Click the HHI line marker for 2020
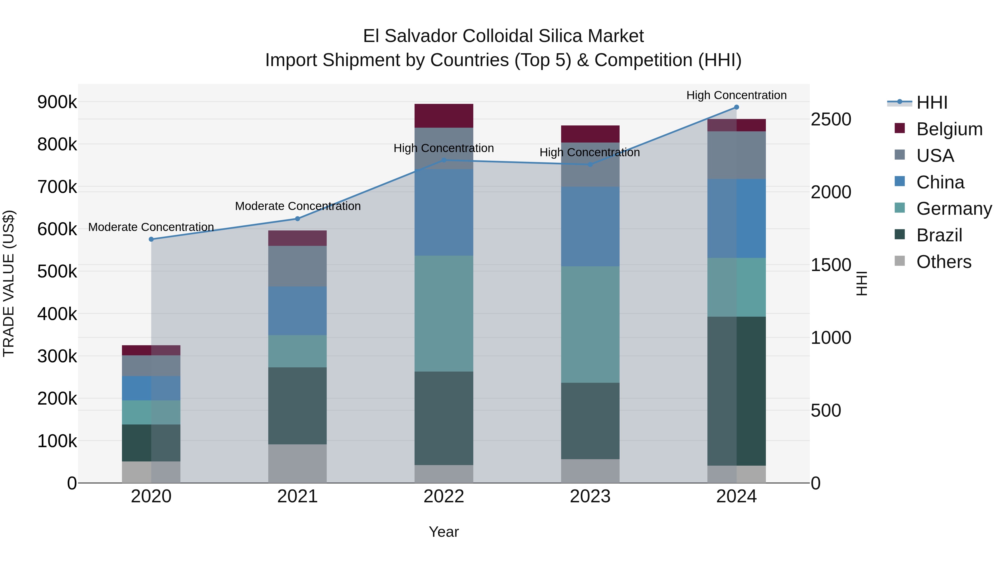tap(151, 239)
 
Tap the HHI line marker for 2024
tap(737, 107)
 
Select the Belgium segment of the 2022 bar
tap(444, 116)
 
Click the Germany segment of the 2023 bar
tap(590, 325)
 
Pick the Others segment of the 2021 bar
tap(298, 463)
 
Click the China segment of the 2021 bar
tap(298, 311)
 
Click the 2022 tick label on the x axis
tap(444, 496)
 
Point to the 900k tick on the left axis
tap(57, 102)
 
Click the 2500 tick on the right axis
tap(831, 119)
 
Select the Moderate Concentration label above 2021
tap(298, 206)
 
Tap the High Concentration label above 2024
tap(737, 95)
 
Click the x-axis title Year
tap(444, 532)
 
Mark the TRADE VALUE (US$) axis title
tap(9, 283)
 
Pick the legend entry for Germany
tap(954, 209)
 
